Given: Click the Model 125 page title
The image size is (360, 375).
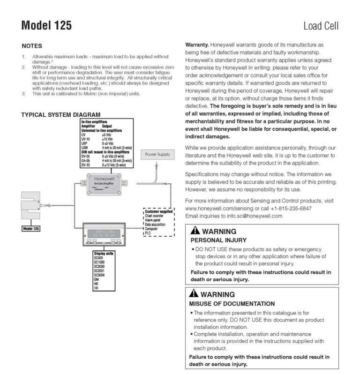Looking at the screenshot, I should tap(46, 25).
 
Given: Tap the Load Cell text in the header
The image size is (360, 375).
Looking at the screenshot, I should tap(321, 26).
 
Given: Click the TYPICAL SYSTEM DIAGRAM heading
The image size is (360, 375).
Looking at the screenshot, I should tap(61, 114).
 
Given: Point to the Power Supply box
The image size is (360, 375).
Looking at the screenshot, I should tap(157, 154).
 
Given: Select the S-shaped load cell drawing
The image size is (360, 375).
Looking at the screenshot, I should tap(32, 204).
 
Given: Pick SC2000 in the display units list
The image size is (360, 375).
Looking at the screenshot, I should tap(100, 266).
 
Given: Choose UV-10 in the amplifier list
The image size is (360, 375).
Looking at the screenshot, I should tap(86, 139).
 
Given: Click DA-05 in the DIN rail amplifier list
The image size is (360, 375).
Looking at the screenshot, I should tap(86, 161).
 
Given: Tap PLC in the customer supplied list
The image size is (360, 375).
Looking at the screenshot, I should tap(148, 233).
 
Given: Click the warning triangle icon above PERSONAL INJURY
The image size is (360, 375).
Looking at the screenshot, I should tap(195, 231).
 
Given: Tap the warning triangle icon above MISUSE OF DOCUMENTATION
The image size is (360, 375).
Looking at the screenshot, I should tap(195, 294).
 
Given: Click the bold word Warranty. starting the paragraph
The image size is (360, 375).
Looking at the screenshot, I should tap(197, 45).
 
